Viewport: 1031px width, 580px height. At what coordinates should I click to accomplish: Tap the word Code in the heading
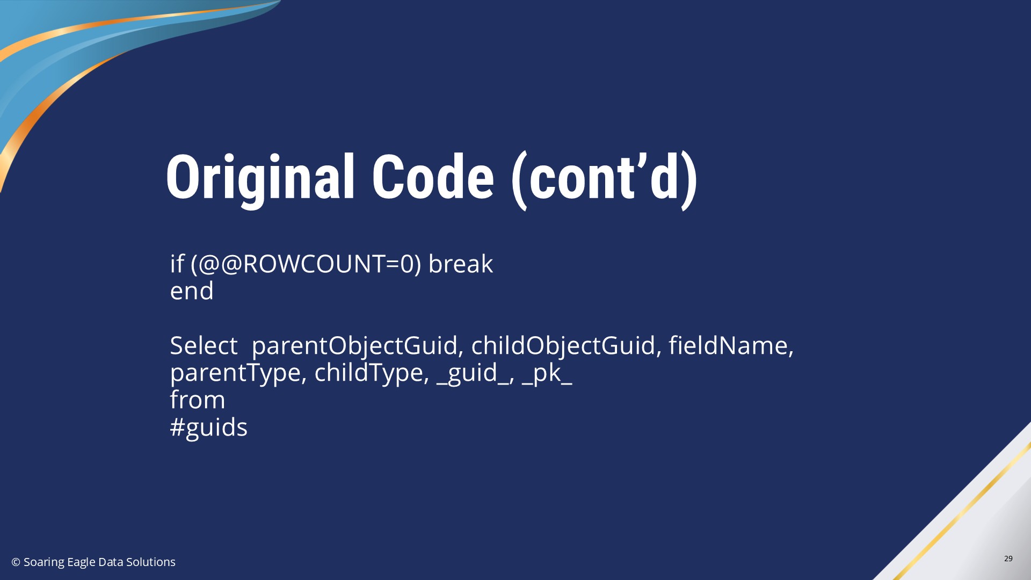point(433,177)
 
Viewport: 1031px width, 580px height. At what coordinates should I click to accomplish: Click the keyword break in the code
point(460,264)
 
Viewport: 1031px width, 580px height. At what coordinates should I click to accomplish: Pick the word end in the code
point(192,291)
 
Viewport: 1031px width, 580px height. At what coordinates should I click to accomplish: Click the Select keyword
point(204,345)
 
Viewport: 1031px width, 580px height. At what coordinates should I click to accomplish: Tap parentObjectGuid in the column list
point(354,346)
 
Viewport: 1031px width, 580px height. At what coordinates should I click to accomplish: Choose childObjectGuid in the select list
point(563,346)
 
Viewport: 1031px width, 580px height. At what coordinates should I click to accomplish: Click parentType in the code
point(235,373)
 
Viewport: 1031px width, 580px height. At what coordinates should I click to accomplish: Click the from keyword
point(198,400)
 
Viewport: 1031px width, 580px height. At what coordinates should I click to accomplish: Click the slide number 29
point(1008,559)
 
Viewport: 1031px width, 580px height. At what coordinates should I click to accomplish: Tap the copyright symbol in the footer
point(16,562)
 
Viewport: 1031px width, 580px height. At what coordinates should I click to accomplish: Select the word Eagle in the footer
point(81,562)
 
